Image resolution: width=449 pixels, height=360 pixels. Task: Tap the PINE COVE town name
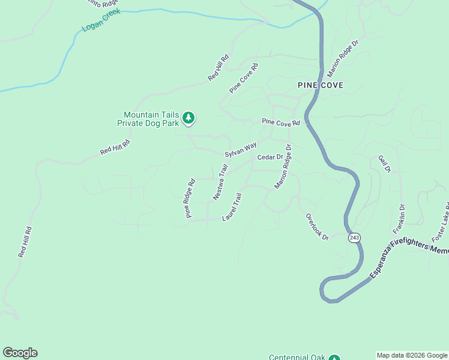click(321, 85)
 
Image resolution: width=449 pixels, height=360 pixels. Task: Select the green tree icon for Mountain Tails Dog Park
click(189, 118)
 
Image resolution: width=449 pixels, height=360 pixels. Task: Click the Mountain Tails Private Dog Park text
click(151, 119)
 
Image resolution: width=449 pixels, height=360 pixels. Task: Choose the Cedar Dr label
click(270, 157)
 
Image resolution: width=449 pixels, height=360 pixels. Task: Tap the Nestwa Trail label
click(220, 183)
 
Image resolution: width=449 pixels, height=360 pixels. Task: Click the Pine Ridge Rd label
click(190, 198)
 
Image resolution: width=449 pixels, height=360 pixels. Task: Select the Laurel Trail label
click(232, 206)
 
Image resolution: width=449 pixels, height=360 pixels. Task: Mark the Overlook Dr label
click(318, 227)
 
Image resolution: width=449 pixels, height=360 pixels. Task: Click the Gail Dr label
click(384, 164)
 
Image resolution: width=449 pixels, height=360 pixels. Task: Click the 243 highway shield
click(354, 238)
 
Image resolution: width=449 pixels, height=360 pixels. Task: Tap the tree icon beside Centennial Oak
click(335, 357)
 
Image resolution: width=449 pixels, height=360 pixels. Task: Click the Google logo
click(20, 353)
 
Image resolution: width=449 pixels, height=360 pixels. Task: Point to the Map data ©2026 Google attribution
click(412, 355)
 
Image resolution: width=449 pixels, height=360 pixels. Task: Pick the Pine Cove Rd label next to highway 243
click(280, 122)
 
